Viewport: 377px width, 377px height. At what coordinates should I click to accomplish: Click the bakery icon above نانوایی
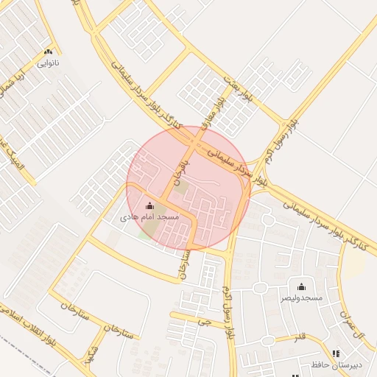point(49,52)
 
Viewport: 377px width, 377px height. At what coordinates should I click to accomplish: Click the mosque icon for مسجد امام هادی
point(151,205)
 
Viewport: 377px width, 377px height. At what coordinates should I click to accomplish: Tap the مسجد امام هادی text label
point(150,219)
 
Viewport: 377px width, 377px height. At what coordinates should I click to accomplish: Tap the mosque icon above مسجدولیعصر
point(300,286)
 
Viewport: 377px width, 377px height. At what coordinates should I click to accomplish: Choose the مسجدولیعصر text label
point(301,298)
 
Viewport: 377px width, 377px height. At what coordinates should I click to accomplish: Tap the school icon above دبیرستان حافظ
point(337,354)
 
